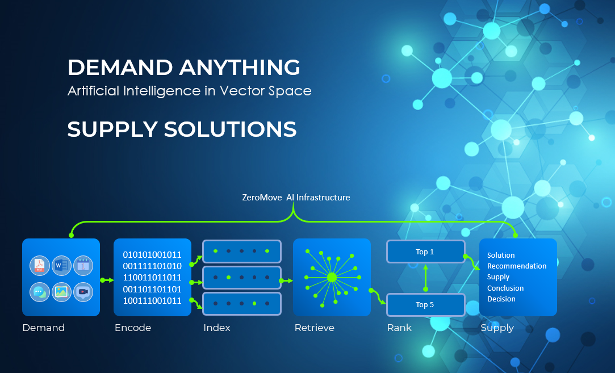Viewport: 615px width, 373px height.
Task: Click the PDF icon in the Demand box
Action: [40, 266]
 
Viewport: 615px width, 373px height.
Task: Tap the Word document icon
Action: [61, 266]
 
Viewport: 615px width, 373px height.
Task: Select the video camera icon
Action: [83, 292]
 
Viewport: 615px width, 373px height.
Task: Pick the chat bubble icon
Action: [40, 292]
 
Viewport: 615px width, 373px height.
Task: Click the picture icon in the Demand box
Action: [61, 292]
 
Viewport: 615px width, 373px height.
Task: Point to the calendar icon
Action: [83, 266]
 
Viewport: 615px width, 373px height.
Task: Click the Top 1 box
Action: [425, 252]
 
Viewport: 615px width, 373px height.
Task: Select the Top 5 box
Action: [425, 305]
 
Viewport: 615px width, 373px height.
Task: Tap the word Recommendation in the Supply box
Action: [517, 266]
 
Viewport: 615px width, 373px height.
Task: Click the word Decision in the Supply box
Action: [501, 299]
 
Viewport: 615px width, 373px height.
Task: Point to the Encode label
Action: [132, 328]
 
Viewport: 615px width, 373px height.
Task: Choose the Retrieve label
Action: [314, 328]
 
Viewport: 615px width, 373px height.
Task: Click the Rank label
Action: [399, 328]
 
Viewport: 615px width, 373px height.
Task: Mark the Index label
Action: [216, 328]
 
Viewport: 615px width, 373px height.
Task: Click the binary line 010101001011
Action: [152, 254]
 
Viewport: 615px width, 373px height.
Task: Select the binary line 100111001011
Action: [152, 301]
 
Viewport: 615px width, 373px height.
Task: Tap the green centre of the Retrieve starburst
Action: [332, 277]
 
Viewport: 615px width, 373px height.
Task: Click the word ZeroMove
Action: [262, 197]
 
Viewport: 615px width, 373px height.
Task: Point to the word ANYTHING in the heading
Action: [240, 68]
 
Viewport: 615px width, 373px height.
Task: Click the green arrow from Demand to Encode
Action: [107, 280]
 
